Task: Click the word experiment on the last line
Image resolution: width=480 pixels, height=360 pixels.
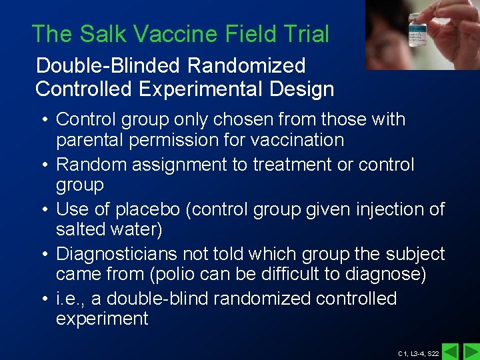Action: [102, 319]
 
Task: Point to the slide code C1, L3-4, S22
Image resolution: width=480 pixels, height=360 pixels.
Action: [418, 353]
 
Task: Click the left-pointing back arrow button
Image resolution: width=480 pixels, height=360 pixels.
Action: [451, 351]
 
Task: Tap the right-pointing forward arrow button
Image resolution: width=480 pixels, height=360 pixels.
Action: [471, 351]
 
